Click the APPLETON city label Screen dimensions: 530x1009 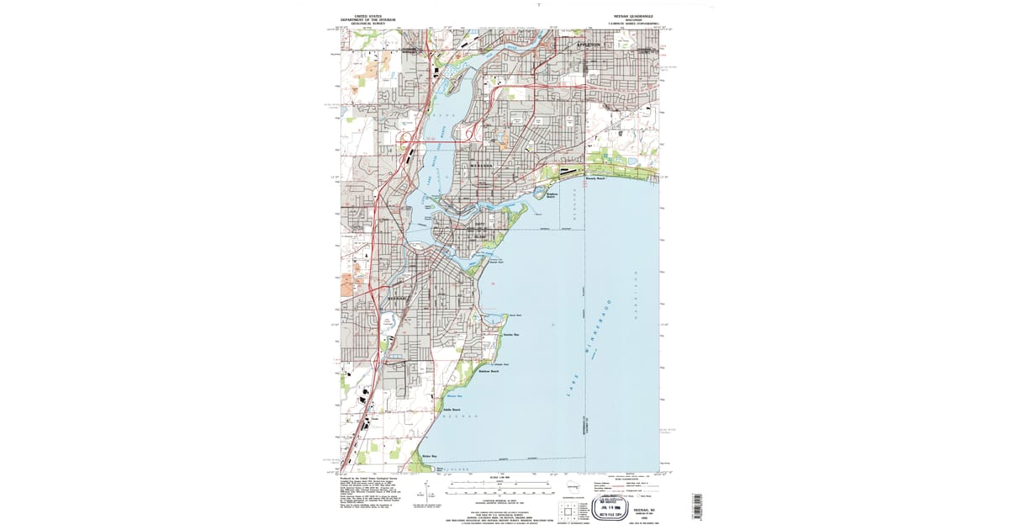point(588,44)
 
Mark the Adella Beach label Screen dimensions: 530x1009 point(452,410)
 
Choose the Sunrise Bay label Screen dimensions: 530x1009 point(510,334)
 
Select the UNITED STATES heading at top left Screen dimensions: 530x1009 point(367,16)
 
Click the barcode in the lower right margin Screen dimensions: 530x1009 point(695,506)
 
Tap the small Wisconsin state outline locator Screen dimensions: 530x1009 point(573,488)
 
